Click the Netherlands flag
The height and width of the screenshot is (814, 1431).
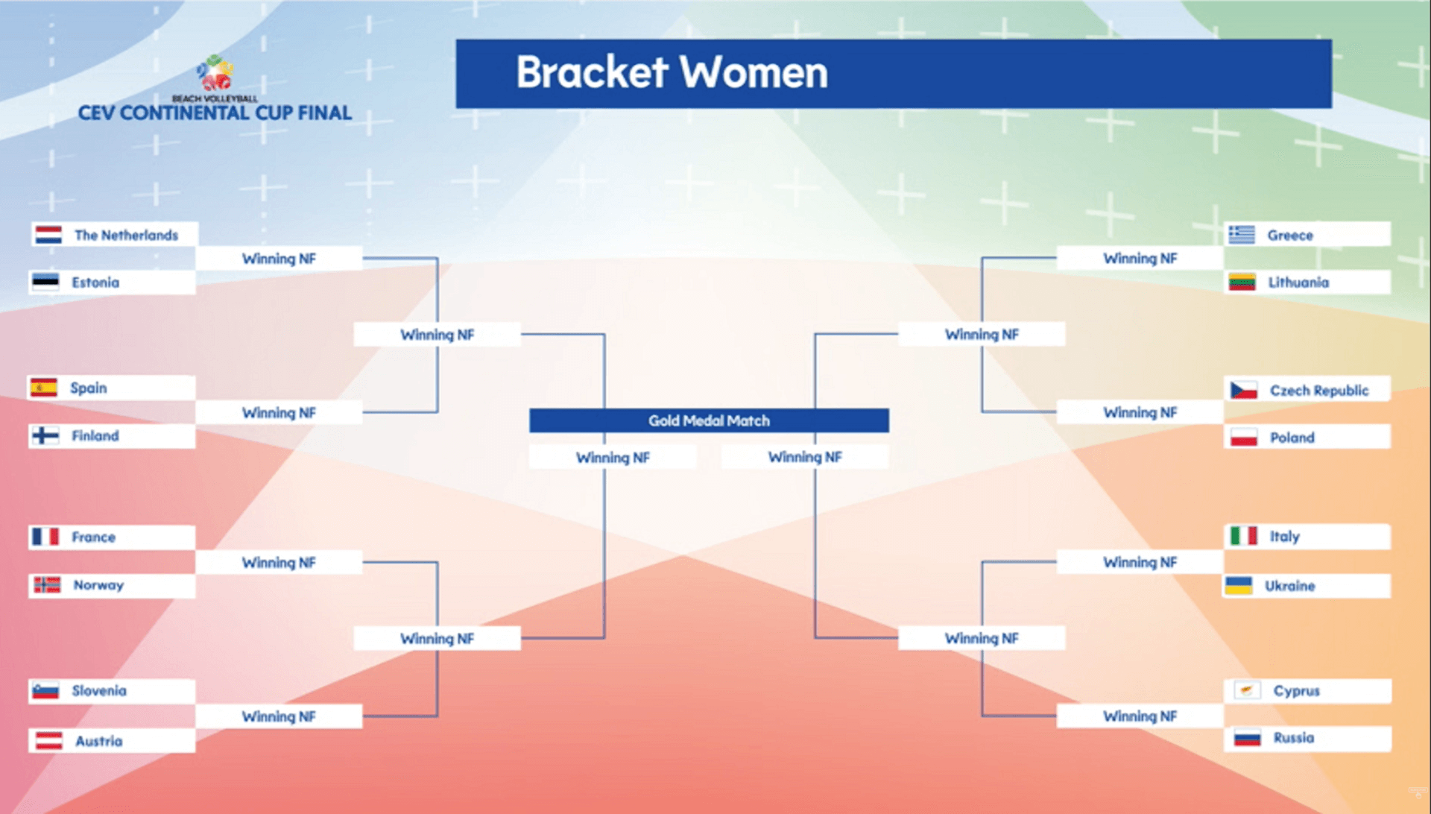[48, 236]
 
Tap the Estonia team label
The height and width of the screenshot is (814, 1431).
[95, 283]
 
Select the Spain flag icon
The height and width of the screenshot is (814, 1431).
[44, 388]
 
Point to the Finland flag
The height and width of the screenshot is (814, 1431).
[45, 435]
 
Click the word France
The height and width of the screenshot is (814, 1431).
[93, 537]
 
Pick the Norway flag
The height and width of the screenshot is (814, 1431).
[47, 585]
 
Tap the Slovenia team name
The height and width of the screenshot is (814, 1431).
[99, 691]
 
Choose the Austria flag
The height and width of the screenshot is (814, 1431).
[49, 741]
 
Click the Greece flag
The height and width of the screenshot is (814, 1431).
[1242, 235]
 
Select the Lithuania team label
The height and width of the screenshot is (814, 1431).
[1298, 283]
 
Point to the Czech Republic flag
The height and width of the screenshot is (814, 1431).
[1243, 390]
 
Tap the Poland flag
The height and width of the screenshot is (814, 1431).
[1243, 438]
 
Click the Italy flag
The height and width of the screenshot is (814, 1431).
[1243, 536]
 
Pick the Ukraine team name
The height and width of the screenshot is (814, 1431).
[1289, 586]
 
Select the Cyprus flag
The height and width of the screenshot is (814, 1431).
[1247, 690]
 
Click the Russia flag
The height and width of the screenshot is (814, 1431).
[1247, 738]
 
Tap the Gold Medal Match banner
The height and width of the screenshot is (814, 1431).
[709, 420]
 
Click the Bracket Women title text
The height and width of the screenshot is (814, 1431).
[672, 72]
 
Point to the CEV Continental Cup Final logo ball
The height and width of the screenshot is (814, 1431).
[215, 73]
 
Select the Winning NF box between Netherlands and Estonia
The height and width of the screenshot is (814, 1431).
[279, 259]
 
